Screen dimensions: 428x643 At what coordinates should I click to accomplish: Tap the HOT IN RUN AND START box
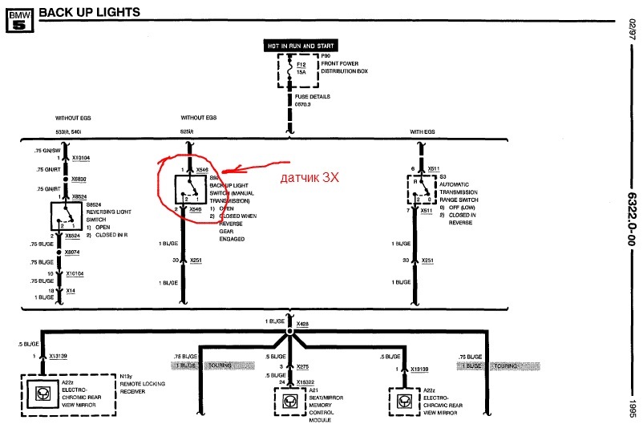(x=301, y=46)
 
